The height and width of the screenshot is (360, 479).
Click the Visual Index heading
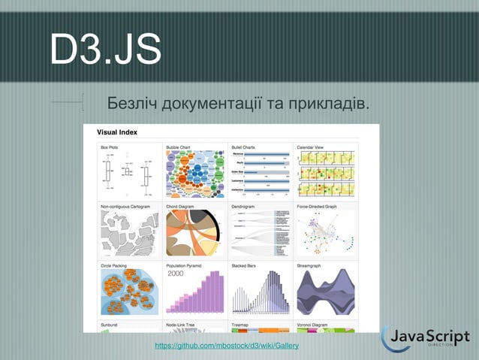click(117, 133)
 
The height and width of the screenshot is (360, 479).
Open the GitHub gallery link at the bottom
click(226, 345)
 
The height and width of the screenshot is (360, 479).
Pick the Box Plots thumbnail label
click(110, 147)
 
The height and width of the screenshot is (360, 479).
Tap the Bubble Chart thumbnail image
click(194, 173)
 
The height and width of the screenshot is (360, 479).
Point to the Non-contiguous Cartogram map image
click(128, 232)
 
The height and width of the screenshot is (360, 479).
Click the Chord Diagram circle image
click(194, 232)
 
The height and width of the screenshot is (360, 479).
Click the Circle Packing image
click(128, 292)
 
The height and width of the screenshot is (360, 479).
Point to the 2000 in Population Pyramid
click(175, 274)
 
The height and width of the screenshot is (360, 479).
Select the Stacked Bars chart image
click(260, 292)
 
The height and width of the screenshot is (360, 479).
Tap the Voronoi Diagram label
click(313, 325)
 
